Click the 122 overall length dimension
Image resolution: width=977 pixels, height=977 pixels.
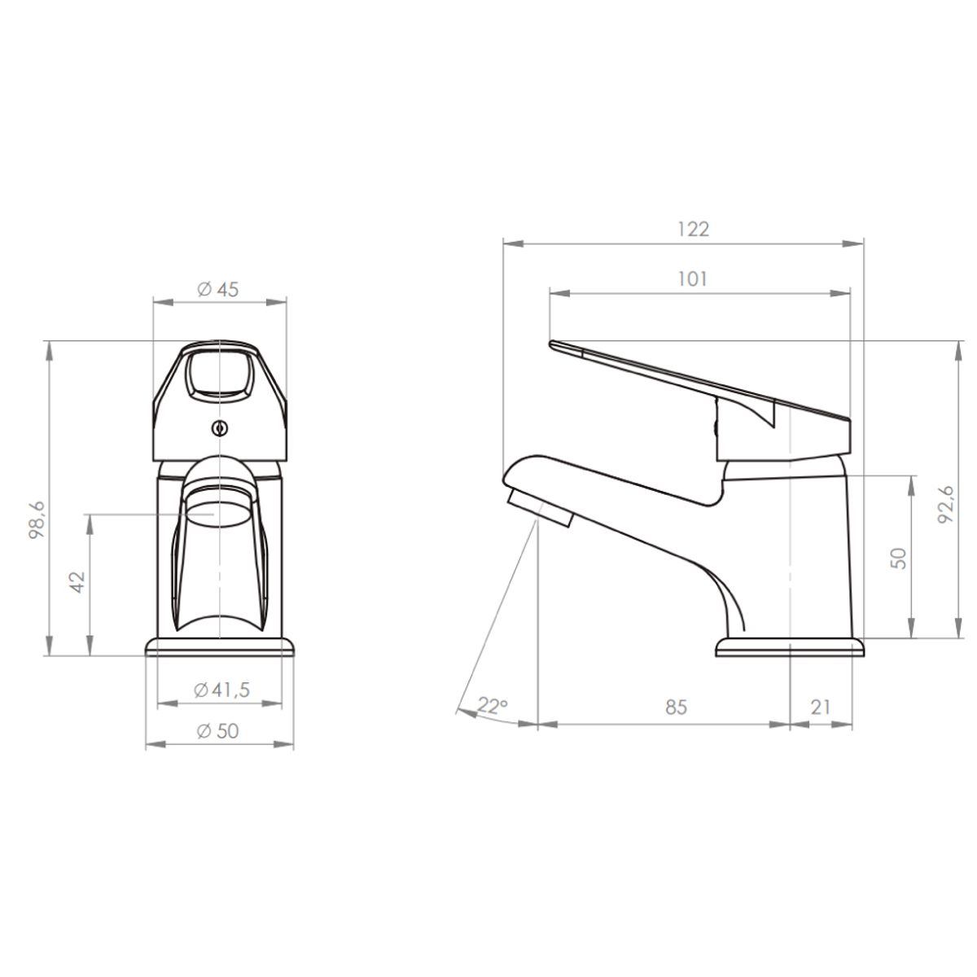[x=693, y=230]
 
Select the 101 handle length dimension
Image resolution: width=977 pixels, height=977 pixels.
[x=692, y=279]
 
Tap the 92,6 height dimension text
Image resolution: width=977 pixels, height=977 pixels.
[x=945, y=505]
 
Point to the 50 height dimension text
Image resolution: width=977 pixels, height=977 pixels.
[x=898, y=559]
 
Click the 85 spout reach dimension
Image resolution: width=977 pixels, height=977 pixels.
[x=677, y=707]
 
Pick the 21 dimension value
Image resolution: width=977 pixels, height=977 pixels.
[x=821, y=707]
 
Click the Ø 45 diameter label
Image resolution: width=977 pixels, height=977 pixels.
[x=217, y=290]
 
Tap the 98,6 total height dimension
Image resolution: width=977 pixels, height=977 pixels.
[x=37, y=519]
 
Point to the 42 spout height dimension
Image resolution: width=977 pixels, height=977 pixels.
[x=78, y=582]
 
